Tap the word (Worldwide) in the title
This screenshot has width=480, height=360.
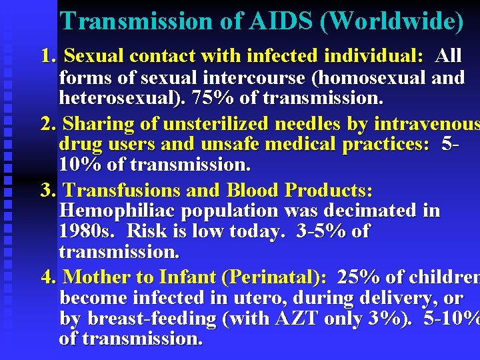391,21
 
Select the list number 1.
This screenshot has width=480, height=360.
47,56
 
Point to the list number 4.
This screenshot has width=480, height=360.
47,277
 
